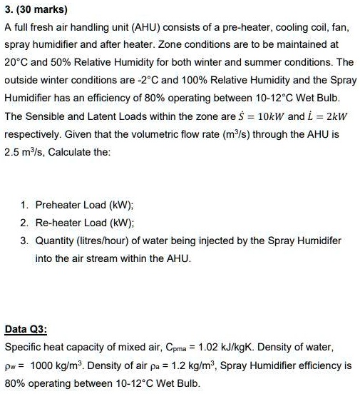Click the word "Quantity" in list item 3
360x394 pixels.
(x=56, y=240)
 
